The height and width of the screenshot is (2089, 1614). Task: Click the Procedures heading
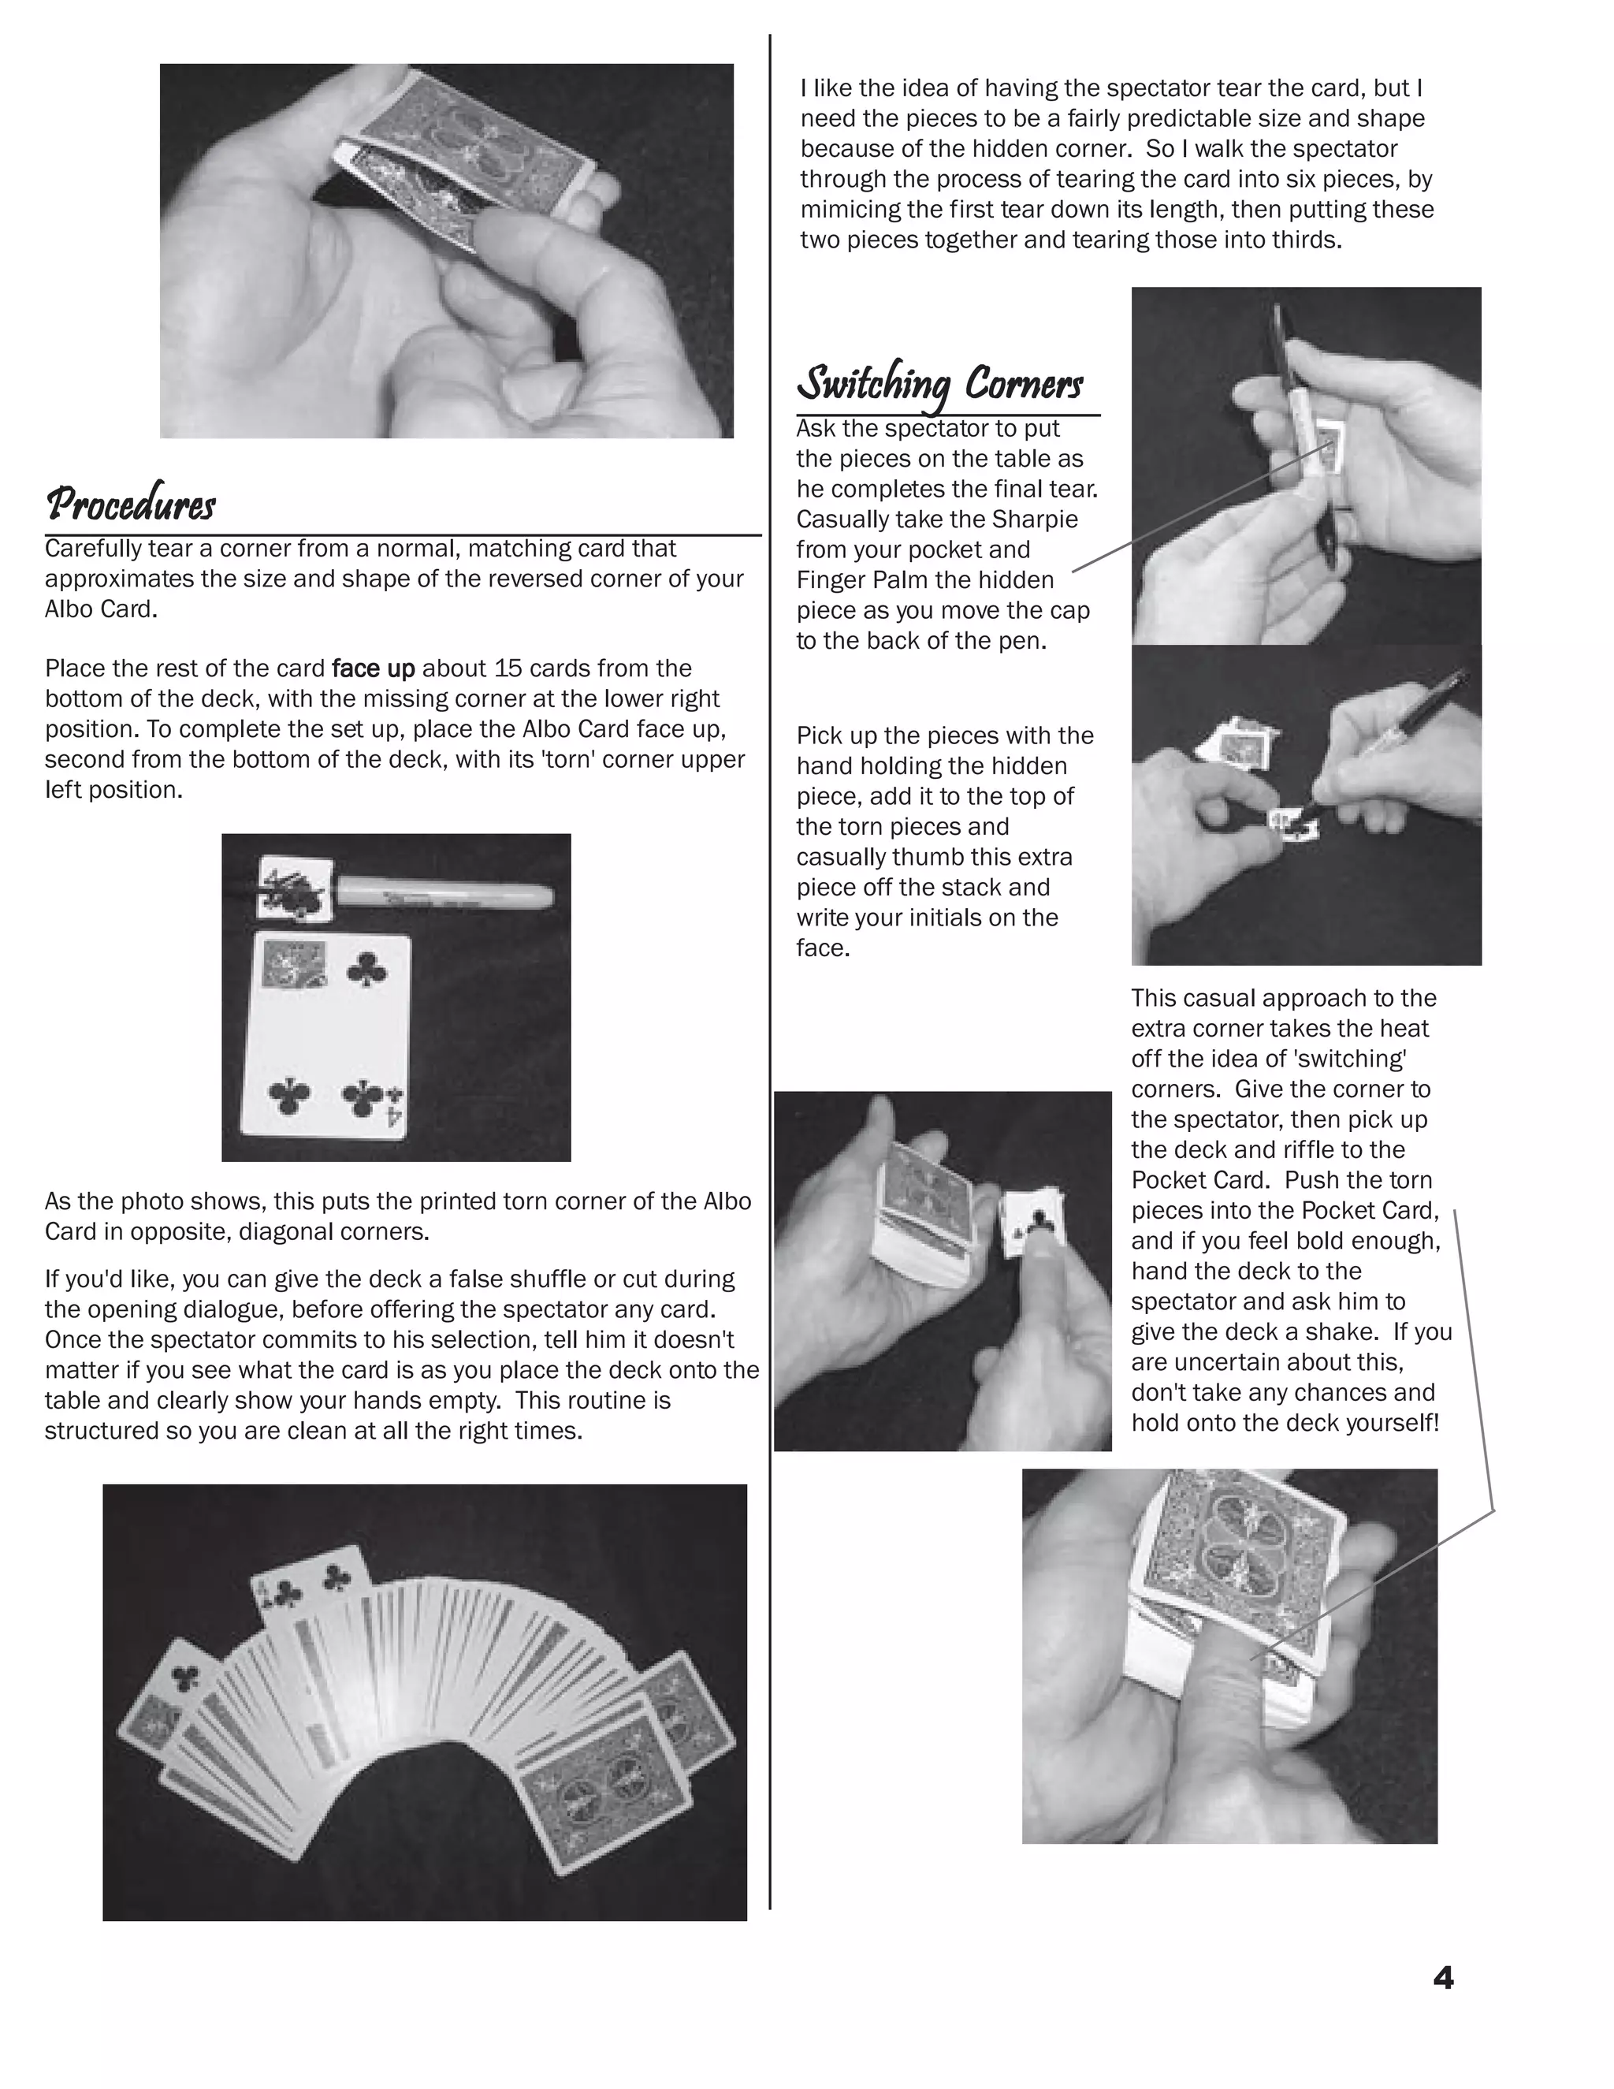tap(131, 505)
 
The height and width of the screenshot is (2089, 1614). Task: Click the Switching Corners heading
tap(940, 385)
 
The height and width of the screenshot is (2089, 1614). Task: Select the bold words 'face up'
tap(373, 668)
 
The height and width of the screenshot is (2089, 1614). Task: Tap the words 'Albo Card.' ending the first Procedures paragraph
tap(100, 609)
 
